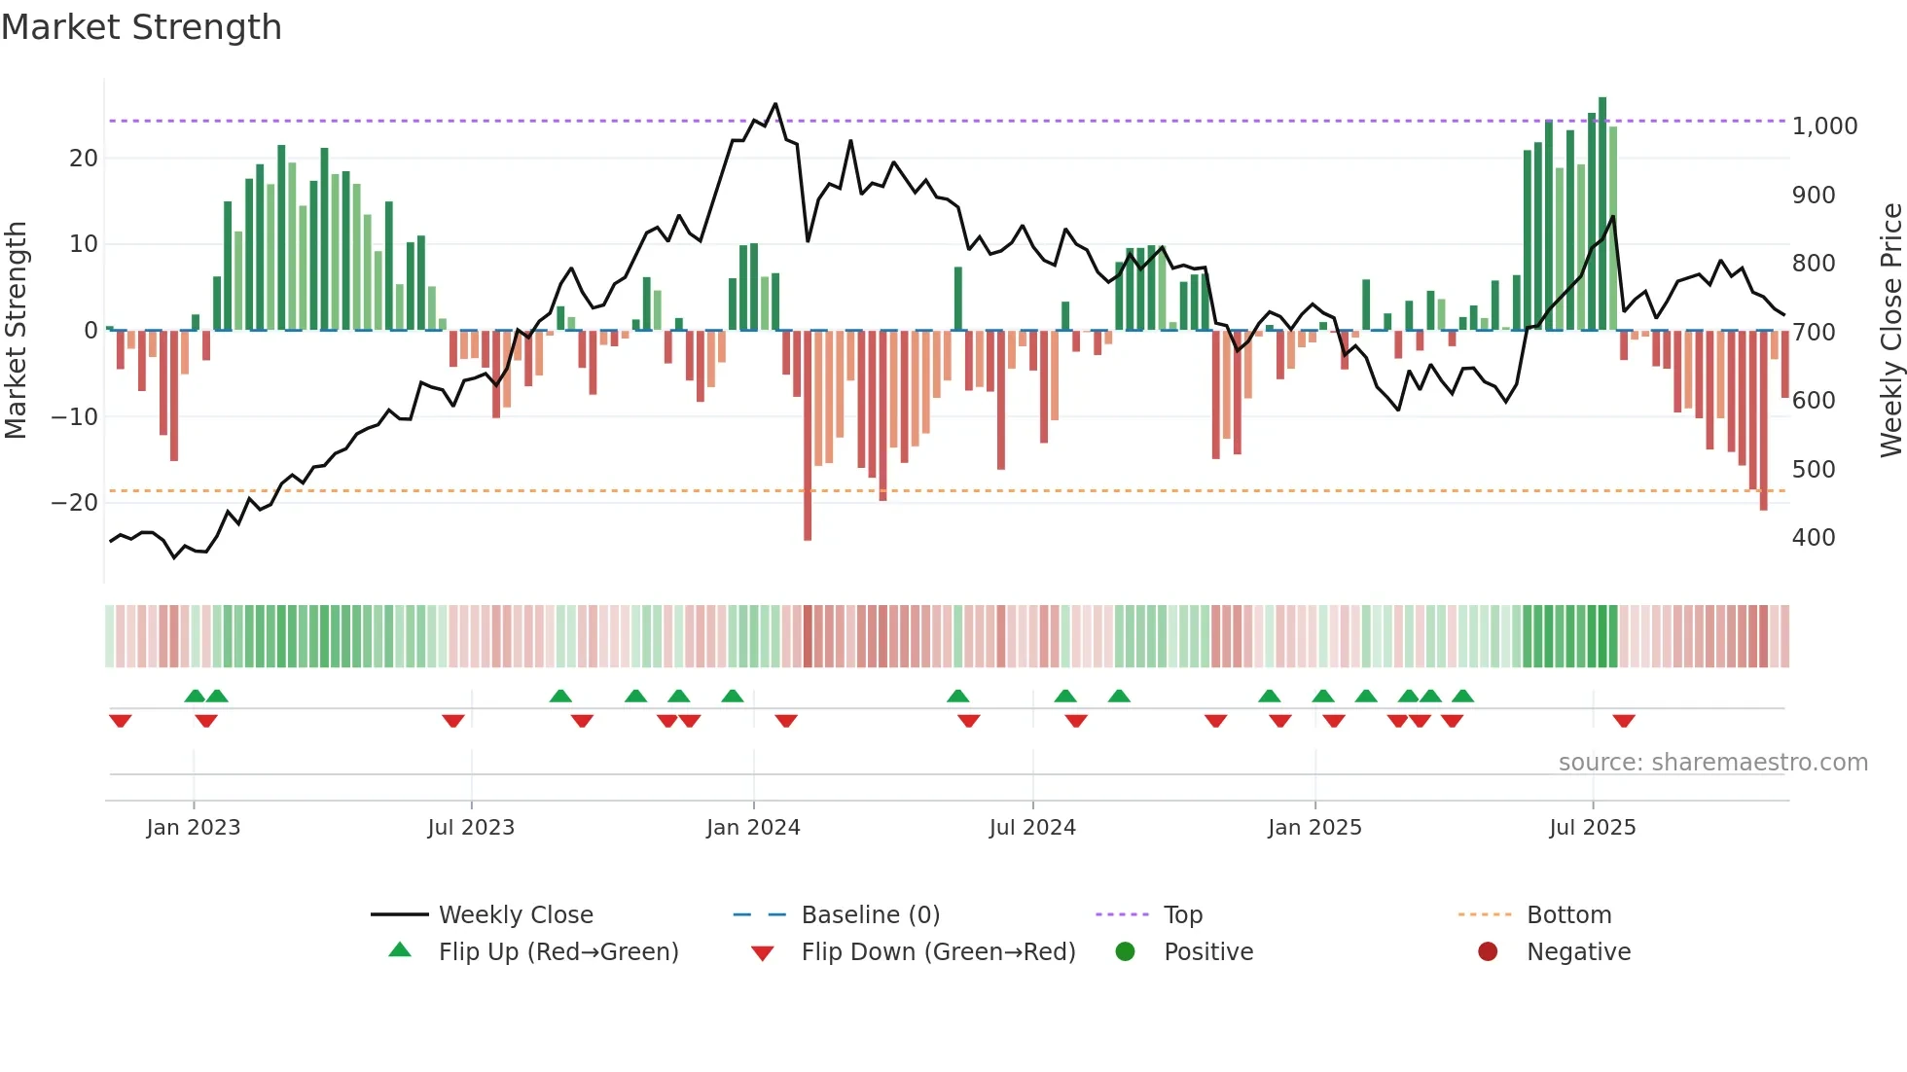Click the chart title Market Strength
pos(141,27)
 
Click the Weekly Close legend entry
pos(515,914)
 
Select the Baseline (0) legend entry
pos(870,914)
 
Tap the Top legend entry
pos(1183,914)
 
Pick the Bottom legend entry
pos(1568,914)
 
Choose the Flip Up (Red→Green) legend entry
pos(558,951)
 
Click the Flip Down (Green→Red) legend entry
pos(938,951)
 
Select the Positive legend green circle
pos(1126,951)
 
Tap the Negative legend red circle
pos(1488,951)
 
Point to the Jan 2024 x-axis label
pos(753,827)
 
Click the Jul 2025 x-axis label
pos(1593,827)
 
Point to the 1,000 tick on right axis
pos(1824,126)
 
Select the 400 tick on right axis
pos(1814,537)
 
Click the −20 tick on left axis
pos(75,502)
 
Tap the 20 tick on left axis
pos(84,158)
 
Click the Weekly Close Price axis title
pos(1890,331)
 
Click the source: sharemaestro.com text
pos(1712,762)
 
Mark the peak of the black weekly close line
pos(775,103)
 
